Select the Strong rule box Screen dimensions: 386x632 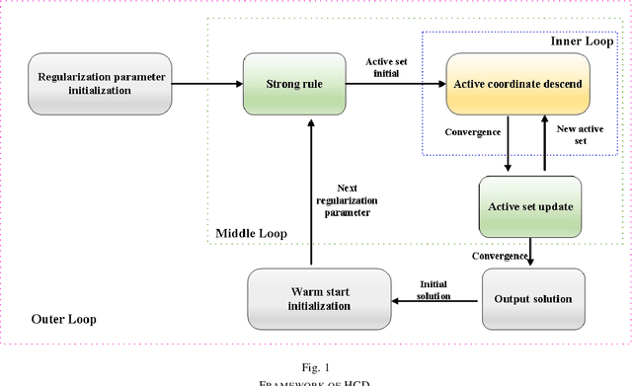[297, 84]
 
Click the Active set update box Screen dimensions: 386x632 [531, 206]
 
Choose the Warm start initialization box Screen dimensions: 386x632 [312, 299]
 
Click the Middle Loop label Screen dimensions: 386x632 [252, 234]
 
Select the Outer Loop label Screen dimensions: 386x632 [64, 319]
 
